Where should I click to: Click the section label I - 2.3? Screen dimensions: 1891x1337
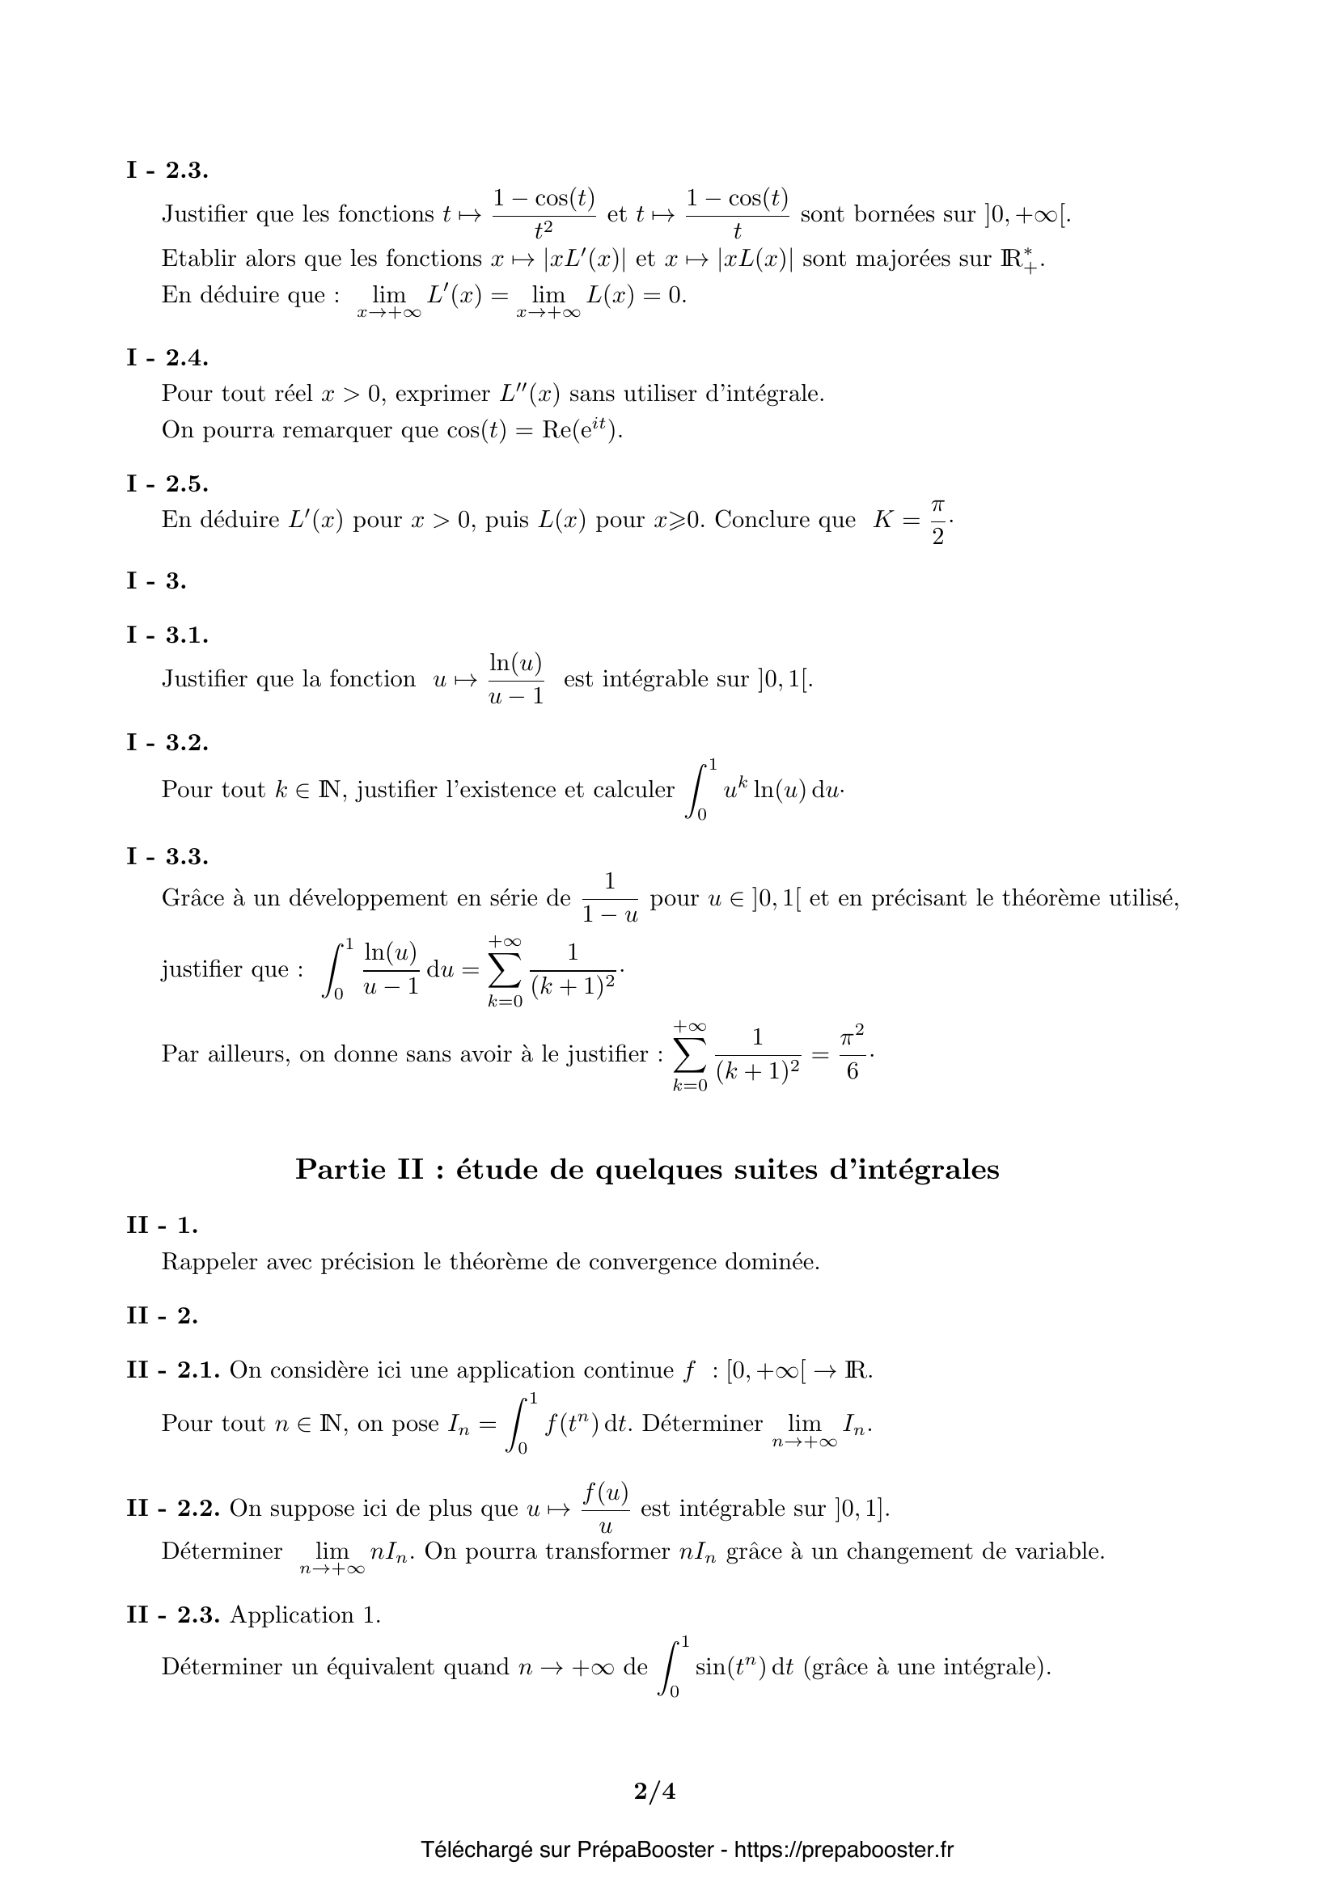(167, 171)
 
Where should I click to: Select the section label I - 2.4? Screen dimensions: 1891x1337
(167, 357)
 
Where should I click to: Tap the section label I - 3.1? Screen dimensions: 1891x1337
(167, 635)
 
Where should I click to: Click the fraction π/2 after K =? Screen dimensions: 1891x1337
(937, 521)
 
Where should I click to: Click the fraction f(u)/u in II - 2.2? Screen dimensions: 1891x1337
(606, 1509)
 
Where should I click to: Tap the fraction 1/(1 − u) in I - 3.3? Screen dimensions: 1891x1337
(610, 898)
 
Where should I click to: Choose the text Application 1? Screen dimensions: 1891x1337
(305, 1615)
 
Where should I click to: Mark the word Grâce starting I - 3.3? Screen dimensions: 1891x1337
(191, 898)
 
